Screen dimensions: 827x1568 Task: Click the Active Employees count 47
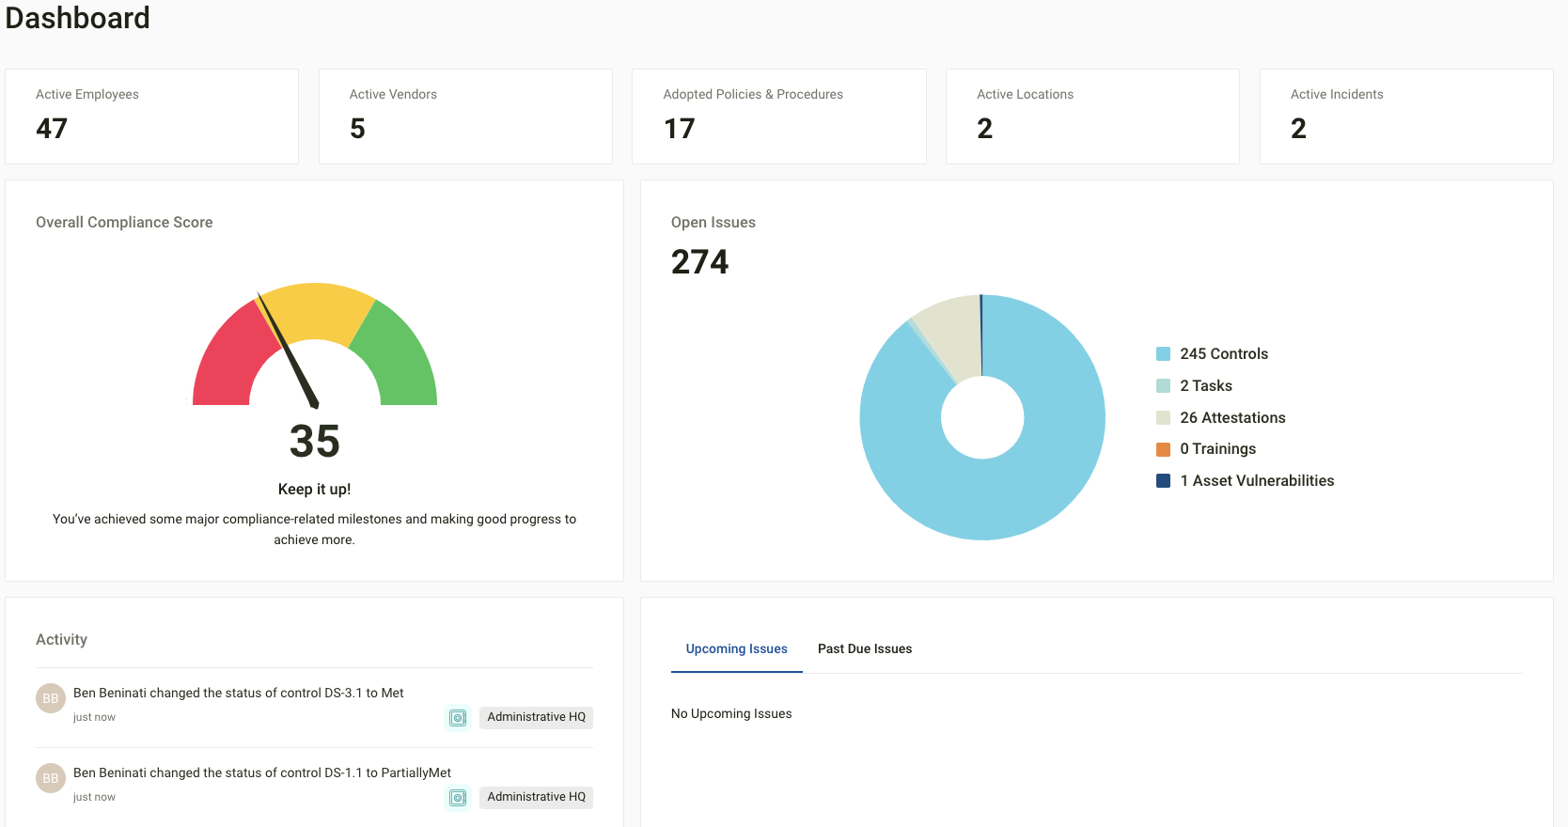tap(52, 128)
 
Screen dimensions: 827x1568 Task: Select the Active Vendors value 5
tap(357, 128)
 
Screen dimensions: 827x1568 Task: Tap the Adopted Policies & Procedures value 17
tap(679, 128)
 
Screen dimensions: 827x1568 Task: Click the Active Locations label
tap(1025, 94)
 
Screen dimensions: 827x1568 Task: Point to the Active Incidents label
tap(1336, 94)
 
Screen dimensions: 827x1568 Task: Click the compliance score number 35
tap(314, 441)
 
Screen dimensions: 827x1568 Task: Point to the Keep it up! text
tap(314, 489)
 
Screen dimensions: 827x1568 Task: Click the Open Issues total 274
tap(699, 262)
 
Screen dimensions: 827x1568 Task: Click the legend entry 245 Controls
tap(1223, 353)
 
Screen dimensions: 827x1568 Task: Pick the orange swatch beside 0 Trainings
tap(1163, 449)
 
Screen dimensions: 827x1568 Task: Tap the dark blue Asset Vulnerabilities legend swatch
tap(1163, 481)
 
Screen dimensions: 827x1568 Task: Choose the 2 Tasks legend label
tap(1205, 385)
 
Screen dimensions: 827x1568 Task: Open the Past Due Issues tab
tap(864, 648)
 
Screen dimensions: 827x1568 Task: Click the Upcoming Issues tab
tap(736, 648)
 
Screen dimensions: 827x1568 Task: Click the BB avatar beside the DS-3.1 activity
tap(51, 698)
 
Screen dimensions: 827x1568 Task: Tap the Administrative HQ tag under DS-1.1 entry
tap(536, 797)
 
